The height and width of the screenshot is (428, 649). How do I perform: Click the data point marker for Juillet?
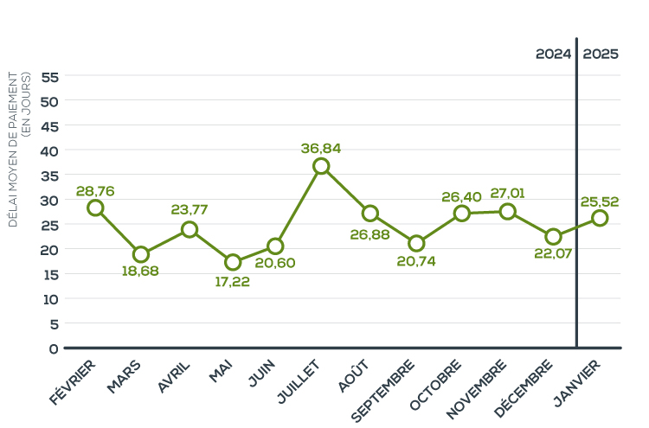click(321, 166)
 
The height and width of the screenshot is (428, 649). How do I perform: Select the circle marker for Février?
click(95, 208)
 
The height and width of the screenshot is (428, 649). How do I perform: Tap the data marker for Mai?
click(232, 262)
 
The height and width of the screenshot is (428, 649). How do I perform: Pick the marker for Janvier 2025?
click(600, 218)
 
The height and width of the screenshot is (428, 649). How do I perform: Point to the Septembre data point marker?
click(416, 244)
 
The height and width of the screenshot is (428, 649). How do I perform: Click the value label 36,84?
click(321, 148)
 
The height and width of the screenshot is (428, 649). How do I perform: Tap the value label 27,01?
click(508, 193)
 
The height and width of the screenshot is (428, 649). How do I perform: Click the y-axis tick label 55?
click(49, 76)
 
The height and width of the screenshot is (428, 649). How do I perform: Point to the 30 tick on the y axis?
click(49, 200)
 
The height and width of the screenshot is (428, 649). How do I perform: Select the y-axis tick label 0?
click(54, 348)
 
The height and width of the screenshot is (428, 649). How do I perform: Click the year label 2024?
click(553, 54)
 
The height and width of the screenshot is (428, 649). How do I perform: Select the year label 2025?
click(601, 54)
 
